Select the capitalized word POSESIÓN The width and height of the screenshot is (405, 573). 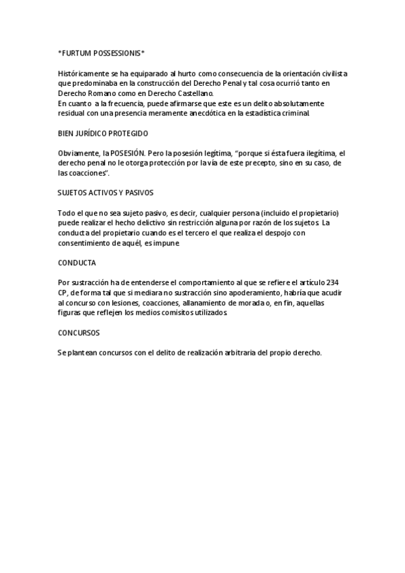click(127, 153)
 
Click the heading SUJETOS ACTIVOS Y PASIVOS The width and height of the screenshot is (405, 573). click(105, 193)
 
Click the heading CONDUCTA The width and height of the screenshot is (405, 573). click(77, 262)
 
